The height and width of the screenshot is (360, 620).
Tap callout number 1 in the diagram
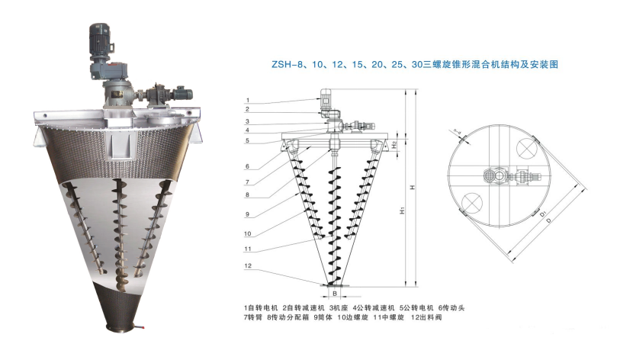(x=248, y=101)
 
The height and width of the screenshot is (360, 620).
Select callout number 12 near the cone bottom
(x=248, y=265)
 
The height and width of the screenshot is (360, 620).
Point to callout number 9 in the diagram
(x=248, y=214)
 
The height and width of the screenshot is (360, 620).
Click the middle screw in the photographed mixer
(x=118, y=229)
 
